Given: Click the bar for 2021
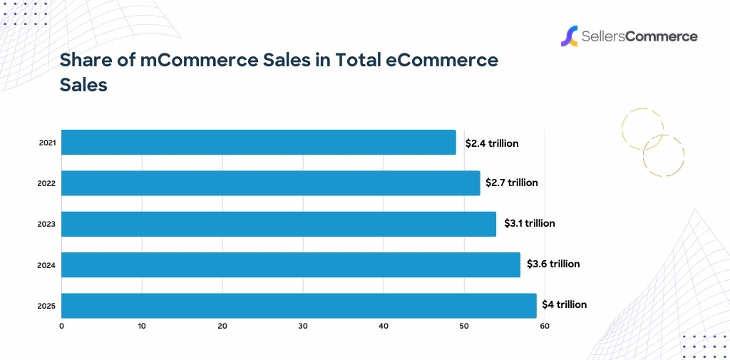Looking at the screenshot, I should tap(259, 143).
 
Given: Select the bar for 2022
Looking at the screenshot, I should tap(271, 183).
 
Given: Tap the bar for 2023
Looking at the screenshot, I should tap(279, 224).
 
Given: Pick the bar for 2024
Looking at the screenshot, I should tap(291, 264).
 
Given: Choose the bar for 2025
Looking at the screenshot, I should tap(299, 305).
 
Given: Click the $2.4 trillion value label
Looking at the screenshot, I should tap(492, 143).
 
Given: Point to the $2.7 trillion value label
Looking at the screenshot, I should tap(512, 182).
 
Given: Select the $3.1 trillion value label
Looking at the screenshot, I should tap(530, 223).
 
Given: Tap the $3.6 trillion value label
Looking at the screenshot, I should tap(553, 264).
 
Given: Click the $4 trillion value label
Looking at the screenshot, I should tap(564, 304).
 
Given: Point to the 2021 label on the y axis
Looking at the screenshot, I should tap(47, 143).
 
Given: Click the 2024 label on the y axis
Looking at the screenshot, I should tap(47, 266).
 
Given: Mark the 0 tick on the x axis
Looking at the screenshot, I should tap(61, 326).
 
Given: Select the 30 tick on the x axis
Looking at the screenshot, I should tap(303, 326).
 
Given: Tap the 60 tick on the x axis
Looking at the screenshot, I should tap(545, 326).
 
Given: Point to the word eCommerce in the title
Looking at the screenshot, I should tap(441, 61).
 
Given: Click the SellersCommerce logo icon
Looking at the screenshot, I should tap(568, 36).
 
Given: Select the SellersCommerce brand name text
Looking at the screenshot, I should tap(639, 36).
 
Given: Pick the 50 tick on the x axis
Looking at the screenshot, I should tap(464, 326).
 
